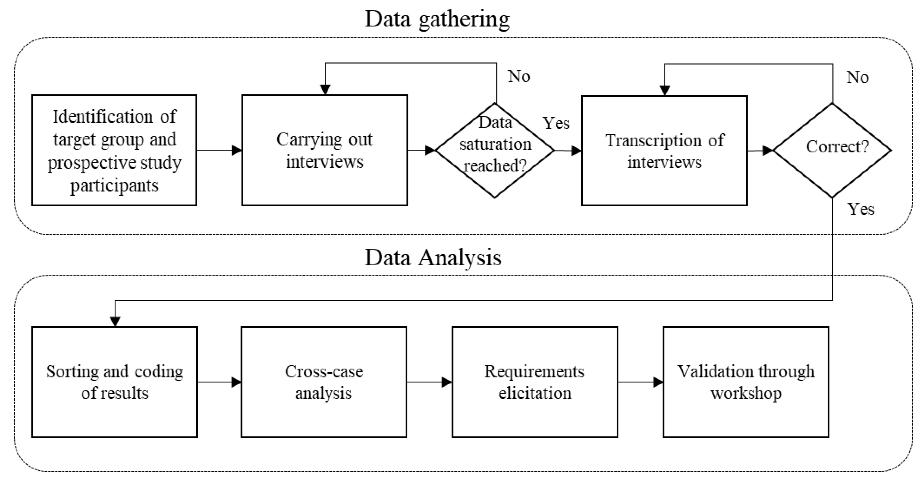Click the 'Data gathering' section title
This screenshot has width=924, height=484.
[437, 19]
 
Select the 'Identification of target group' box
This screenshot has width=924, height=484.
[114, 150]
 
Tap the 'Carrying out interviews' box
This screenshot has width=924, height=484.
[325, 150]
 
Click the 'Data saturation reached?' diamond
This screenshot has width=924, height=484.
[495, 150]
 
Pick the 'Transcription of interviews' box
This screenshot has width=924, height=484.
[664, 150]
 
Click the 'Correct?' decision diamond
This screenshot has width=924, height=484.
[832, 150]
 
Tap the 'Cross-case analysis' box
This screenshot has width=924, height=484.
[324, 382]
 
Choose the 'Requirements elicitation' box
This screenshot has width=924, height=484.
[534, 382]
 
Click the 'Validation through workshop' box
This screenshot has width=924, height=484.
[745, 382]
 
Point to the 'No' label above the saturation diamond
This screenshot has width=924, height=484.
[519, 76]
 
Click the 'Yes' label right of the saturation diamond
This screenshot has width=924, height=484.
[556, 123]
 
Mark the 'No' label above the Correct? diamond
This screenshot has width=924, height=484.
[857, 77]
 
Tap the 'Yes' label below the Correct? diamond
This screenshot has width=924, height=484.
[860, 209]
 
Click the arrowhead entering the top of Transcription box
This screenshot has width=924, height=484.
[665, 90]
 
